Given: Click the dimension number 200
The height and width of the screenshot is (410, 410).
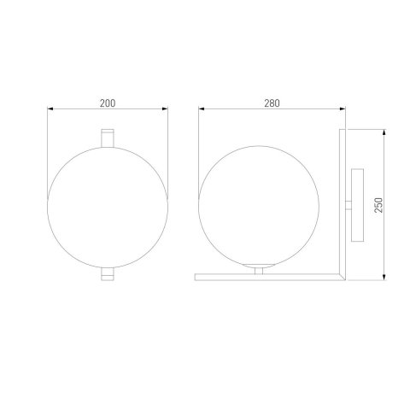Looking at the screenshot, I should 107,103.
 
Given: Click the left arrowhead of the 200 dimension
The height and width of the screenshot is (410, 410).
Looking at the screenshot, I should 50,110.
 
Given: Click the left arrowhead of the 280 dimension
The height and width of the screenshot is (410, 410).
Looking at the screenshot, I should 200,110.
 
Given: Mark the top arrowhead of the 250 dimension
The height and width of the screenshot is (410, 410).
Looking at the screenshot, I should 386,132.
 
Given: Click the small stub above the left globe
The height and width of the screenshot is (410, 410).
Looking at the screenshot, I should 107,138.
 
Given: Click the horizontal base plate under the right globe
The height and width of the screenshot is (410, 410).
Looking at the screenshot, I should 269,275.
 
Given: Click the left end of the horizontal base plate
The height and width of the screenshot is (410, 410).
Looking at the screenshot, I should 198,275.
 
